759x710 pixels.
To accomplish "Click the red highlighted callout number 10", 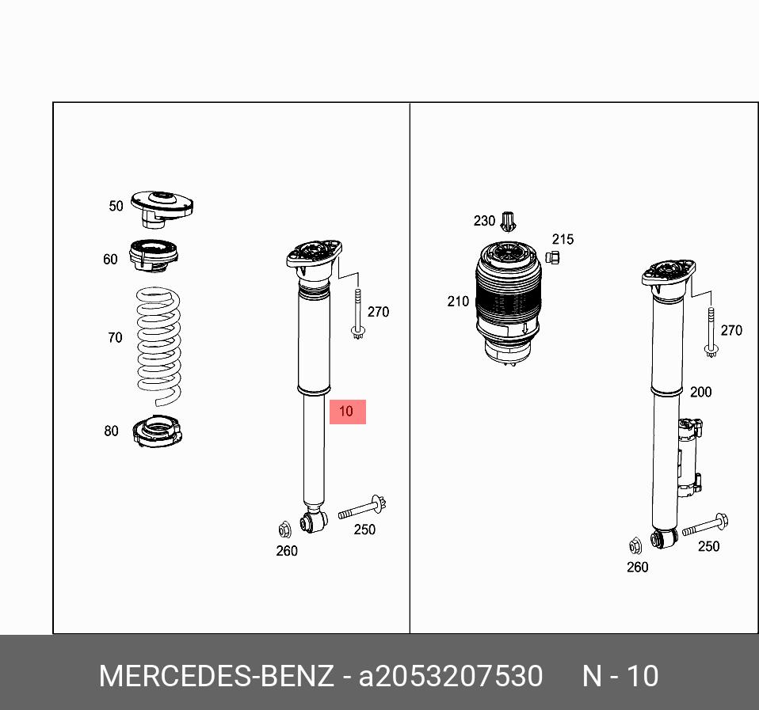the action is pyautogui.click(x=348, y=412).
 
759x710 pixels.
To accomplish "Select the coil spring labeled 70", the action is pyautogui.click(x=158, y=347).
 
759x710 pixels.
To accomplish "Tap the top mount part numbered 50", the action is pyautogui.click(x=162, y=209).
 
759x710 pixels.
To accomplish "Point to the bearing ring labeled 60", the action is pyautogui.click(x=154, y=256).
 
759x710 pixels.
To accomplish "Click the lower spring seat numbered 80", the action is pyautogui.click(x=158, y=431).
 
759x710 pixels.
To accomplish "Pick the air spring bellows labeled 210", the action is pyautogui.click(x=509, y=304).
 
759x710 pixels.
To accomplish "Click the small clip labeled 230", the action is pyautogui.click(x=508, y=222).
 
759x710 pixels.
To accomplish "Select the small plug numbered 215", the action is pyautogui.click(x=552, y=257).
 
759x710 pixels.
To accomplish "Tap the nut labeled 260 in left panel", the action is pyautogui.click(x=285, y=530).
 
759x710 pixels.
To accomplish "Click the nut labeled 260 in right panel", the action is pyautogui.click(x=635, y=546).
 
